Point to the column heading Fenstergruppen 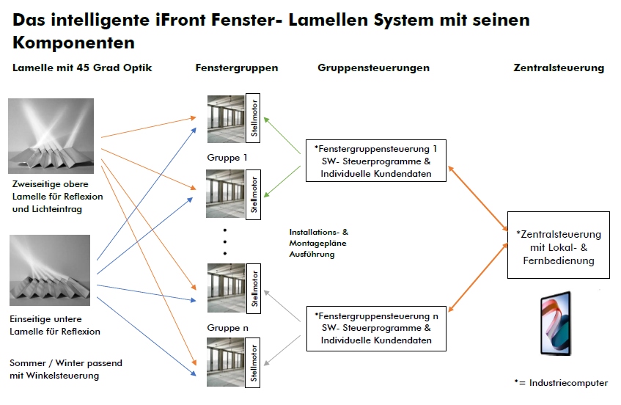[x=237, y=67]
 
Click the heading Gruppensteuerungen [x=373, y=67]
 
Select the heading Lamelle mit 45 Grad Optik [x=82, y=67]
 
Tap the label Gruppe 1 [x=228, y=157]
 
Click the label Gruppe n [x=228, y=327]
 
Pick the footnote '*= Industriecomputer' [x=560, y=382]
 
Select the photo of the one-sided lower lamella [x=50, y=270]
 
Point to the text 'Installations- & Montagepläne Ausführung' [x=319, y=243]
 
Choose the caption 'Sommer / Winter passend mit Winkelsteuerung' [x=66, y=369]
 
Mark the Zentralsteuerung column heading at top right [x=559, y=67]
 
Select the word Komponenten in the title [x=73, y=42]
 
